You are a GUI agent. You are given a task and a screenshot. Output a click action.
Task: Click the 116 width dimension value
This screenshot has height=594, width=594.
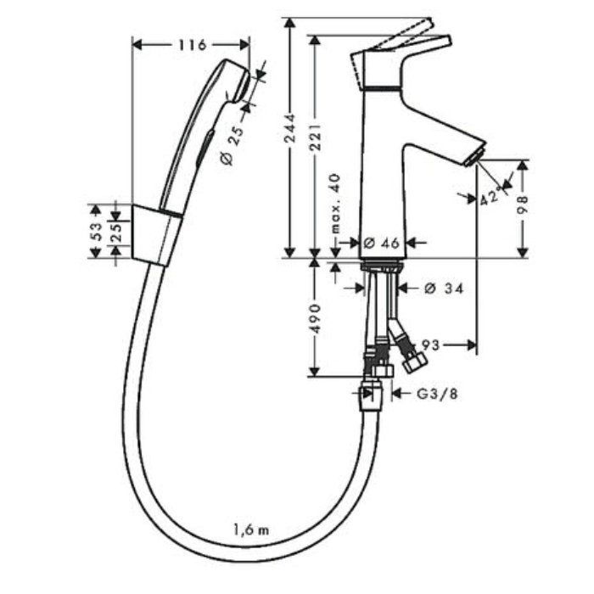coord(193,45)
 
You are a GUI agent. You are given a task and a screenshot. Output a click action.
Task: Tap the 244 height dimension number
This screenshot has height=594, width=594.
coord(290,127)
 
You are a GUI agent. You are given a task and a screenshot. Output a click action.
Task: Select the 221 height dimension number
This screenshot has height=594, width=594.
coord(315,137)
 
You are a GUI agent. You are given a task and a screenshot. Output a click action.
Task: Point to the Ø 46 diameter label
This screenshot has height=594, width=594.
coord(381,243)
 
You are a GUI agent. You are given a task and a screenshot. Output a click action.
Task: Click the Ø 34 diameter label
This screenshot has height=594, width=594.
coord(444,289)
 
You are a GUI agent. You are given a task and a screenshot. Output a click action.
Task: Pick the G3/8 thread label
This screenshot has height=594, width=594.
coord(437,394)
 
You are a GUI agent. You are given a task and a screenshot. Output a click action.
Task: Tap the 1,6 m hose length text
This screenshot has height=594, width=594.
coord(251,530)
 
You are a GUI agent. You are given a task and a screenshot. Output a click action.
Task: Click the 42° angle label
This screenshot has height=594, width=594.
coord(491,196)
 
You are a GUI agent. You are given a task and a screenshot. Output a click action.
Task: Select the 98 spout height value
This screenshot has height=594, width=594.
coord(523,205)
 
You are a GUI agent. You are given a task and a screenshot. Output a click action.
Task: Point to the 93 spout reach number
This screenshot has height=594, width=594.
coord(431,345)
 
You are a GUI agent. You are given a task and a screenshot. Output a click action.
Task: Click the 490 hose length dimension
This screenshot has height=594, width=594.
coord(315,318)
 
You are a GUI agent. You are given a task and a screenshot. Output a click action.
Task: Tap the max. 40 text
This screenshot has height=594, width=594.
coord(335,203)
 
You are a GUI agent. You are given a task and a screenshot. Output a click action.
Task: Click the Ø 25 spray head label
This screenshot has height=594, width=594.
coord(232,146)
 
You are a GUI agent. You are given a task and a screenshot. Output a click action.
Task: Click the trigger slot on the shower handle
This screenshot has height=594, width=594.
coord(205,147)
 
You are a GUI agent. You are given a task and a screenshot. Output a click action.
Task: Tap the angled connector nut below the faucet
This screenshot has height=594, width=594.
coord(414,362)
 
